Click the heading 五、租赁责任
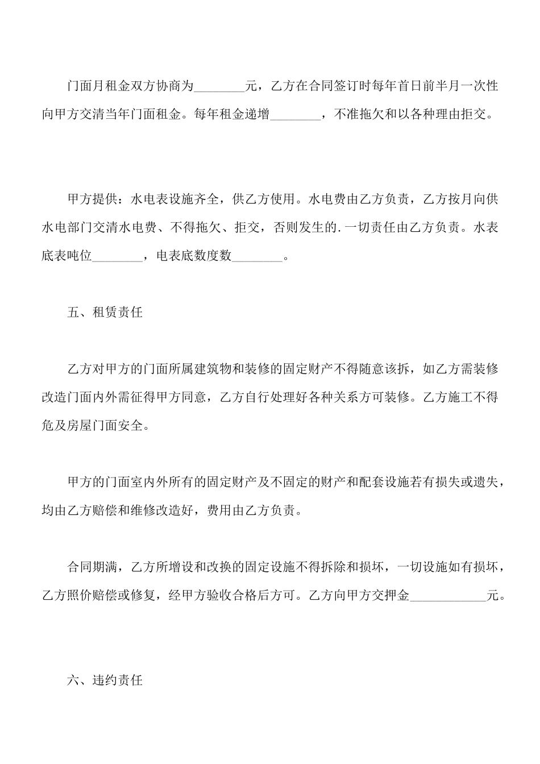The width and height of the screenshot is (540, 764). [x=105, y=313]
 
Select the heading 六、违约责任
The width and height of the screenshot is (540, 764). [x=105, y=680]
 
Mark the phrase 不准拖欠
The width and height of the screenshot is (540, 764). [x=359, y=115]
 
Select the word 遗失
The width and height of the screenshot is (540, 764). [x=487, y=483]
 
